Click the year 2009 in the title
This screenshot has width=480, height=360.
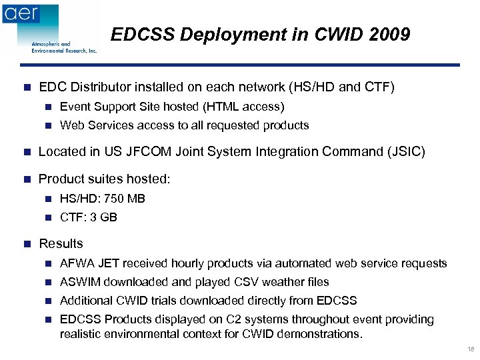point(389,35)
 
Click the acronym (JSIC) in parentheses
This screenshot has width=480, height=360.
point(402,152)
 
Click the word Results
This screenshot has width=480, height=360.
point(61,244)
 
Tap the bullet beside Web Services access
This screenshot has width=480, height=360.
point(47,125)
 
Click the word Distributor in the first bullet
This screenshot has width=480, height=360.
point(99,87)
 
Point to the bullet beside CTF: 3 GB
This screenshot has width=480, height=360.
point(47,217)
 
